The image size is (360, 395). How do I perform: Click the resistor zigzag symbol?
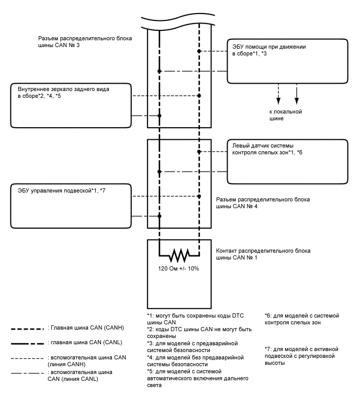click(x=179, y=256)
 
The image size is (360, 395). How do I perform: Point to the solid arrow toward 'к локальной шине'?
click(x=297, y=93)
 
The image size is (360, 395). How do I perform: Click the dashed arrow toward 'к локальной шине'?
click(x=278, y=93)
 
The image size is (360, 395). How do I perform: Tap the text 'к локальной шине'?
click(x=285, y=115)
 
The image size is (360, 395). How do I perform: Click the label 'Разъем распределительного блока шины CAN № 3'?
click(x=85, y=42)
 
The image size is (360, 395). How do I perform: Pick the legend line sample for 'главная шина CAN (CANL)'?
click(x=28, y=343)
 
